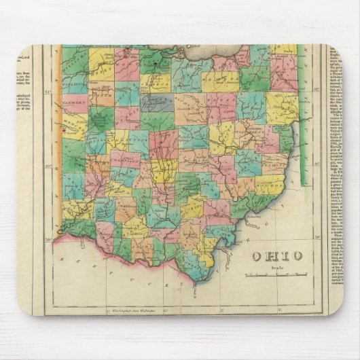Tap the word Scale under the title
pyautogui.click(x=275, y=268)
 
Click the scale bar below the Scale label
pyautogui.click(x=275, y=275)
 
